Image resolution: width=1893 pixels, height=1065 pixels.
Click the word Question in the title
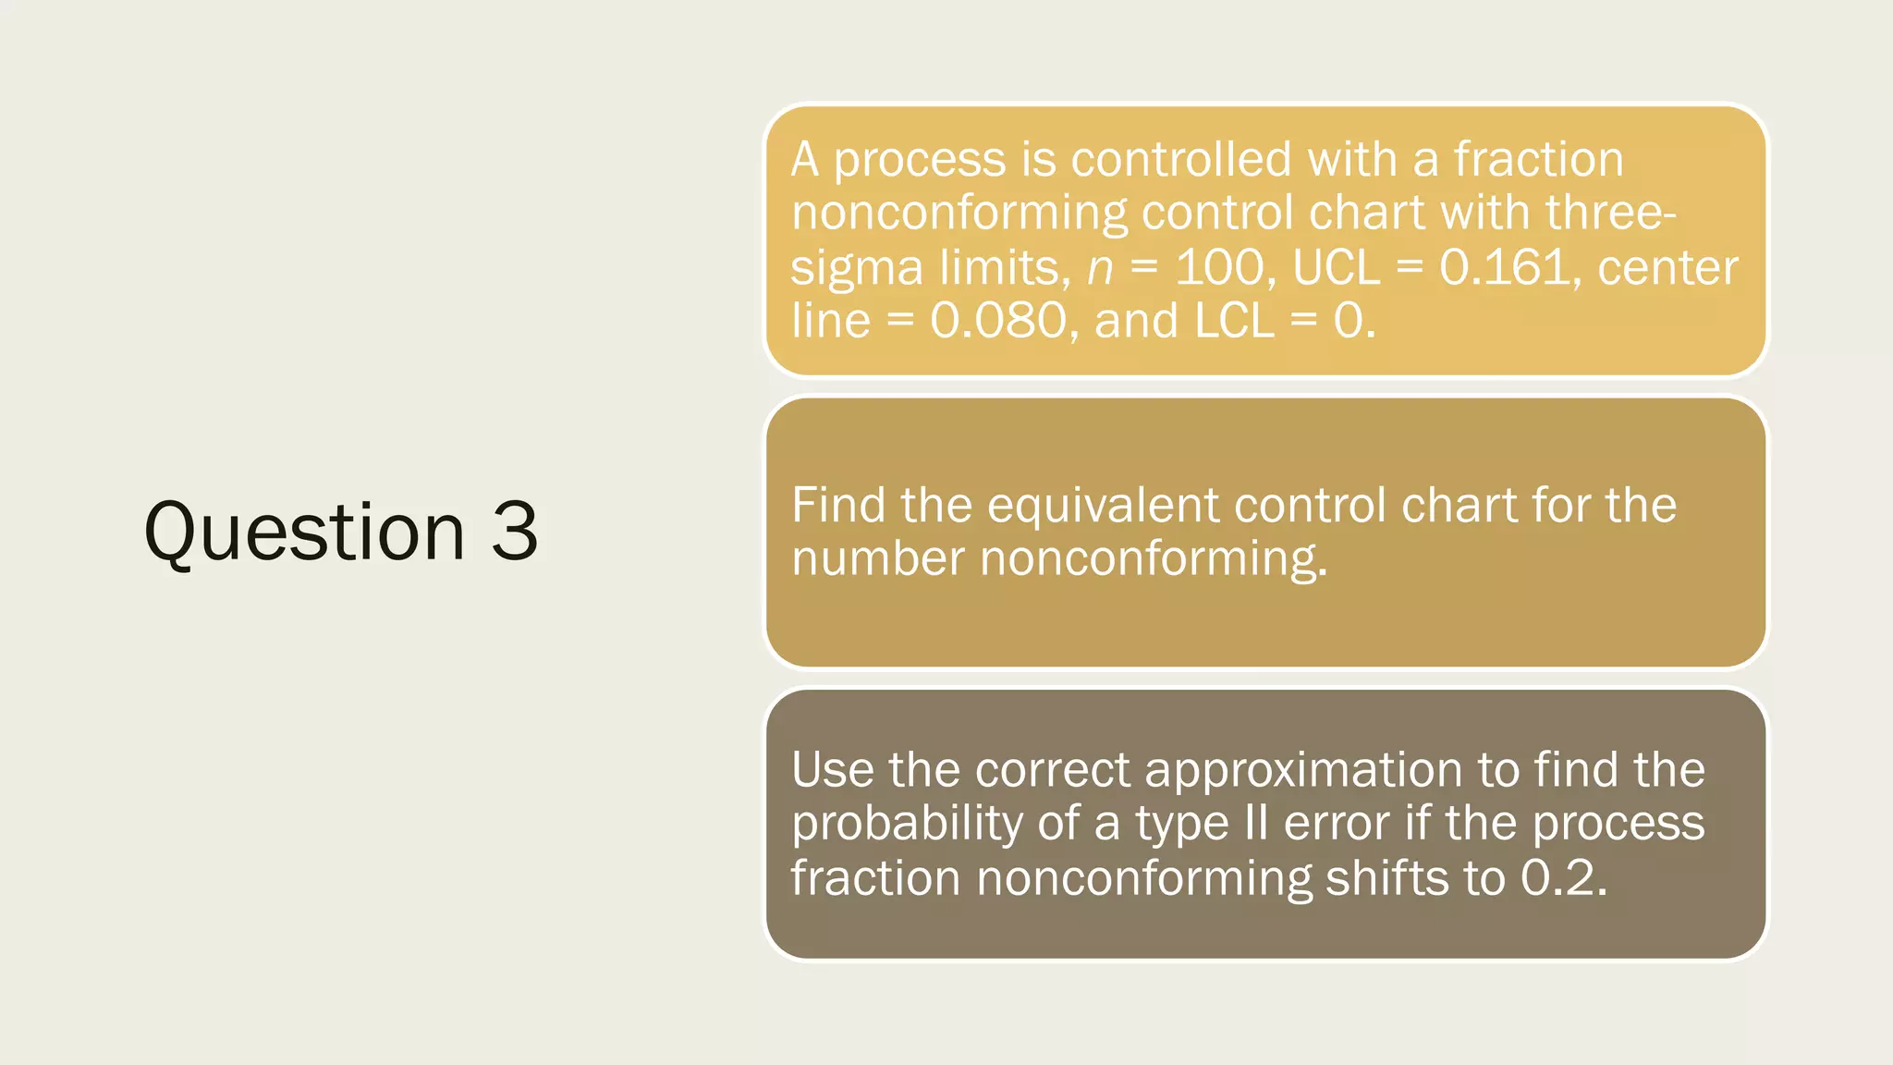(x=304, y=533)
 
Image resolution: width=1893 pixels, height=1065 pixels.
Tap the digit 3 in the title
(x=515, y=532)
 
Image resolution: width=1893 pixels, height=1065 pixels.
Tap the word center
(x=1668, y=268)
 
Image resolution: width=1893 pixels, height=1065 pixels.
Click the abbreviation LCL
(x=1234, y=321)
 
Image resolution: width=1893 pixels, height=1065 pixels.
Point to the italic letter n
(x=1100, y=269)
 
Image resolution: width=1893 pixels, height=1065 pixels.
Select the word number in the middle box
(x=877, y=559)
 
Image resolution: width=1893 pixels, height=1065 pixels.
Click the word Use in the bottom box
(x=831, y=769)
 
